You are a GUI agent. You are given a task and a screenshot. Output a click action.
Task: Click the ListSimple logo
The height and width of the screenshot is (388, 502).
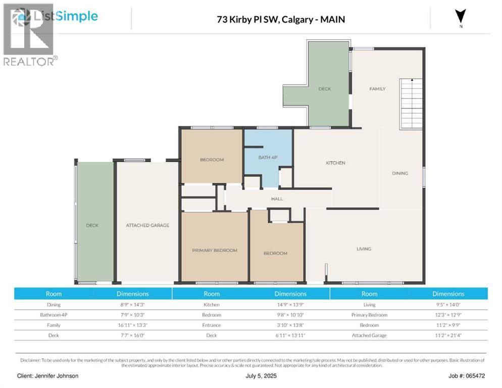pyautogui.click(x=56, y=16)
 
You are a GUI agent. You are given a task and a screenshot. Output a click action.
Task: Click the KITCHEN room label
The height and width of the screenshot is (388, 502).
pyautogui.click(x=335, y=163)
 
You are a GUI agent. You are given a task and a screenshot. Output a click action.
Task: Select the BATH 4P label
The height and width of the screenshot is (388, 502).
pyautogui.click(x=268, y=158)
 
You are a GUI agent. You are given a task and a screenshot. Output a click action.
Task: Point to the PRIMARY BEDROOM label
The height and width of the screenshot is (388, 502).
pyautogui.click(x=214, y=250)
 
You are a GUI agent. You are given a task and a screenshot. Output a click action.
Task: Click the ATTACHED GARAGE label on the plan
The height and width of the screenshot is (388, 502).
pyautogui.click(x=147, y=225)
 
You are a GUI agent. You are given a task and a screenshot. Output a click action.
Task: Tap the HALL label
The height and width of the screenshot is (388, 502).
pyautogui.click(x=277, y=199)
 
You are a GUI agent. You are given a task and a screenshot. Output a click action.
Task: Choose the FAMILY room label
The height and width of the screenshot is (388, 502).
pyautogui.click(x=377, y=89)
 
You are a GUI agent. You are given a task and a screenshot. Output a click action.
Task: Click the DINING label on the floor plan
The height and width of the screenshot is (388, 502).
pyautogui.click(x=399, y=173)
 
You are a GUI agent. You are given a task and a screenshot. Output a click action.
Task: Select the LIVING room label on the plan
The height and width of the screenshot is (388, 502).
pyautogui.click(x=364, y=249)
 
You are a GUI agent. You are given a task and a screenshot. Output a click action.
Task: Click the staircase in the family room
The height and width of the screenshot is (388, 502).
pyautogui.click(x=411, y=104)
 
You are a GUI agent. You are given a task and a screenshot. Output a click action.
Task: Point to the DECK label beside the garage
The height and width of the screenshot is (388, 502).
pyautogui.click(x=92, y=225)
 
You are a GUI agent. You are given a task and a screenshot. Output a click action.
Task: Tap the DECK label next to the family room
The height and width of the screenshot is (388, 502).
pyautogui.click(x=324, y=89)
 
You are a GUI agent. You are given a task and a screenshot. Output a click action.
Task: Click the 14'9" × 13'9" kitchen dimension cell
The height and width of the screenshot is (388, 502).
pyautogui.click(x=290, y=305)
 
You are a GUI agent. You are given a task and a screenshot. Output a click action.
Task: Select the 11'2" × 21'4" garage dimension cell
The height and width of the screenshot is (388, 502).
pyautogui.click(x=448, y=335)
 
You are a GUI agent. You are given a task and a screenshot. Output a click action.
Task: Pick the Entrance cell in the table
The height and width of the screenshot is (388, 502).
pyautogui.click(x=212, y=325)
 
